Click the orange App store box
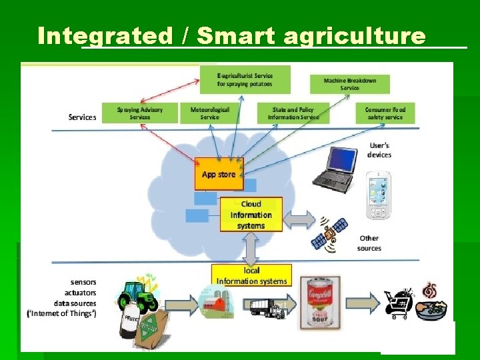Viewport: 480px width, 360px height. point(219,174)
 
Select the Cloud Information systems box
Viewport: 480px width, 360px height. point(251,215)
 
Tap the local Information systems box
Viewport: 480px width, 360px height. point(251,276)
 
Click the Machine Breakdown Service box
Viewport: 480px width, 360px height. point(350,84)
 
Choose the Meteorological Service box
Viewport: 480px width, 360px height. point(210,113)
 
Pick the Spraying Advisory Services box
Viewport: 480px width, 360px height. point(139,113)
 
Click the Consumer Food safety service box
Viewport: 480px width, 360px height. point(385,113)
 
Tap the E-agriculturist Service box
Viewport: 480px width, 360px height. point(245,80)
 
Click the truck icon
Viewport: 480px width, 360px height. point(267,308)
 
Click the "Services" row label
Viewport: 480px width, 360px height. point(82,117)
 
